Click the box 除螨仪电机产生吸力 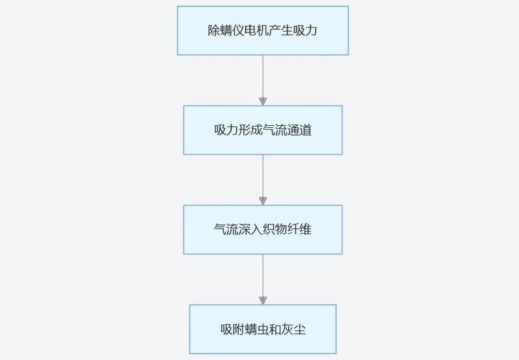263,30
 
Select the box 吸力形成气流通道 263,130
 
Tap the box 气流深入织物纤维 263,230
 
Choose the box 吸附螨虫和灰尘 263,329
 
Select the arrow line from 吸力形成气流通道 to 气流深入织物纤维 263,176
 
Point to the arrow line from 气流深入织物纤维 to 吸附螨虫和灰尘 263,275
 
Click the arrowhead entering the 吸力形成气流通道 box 263,101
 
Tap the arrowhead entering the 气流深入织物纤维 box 263,201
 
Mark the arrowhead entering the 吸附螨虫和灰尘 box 263,300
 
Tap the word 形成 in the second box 250,130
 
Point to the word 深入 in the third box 250,230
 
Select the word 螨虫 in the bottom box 256,329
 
